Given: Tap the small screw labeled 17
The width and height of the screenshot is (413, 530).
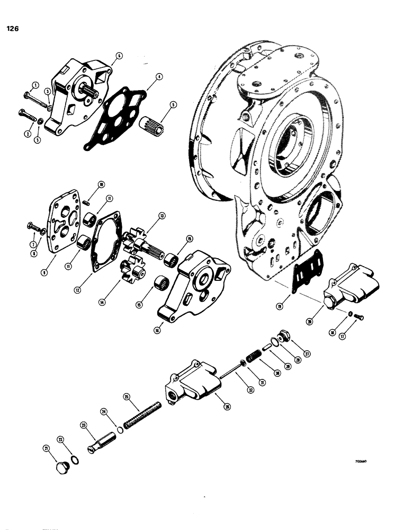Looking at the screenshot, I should point(360,317).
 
